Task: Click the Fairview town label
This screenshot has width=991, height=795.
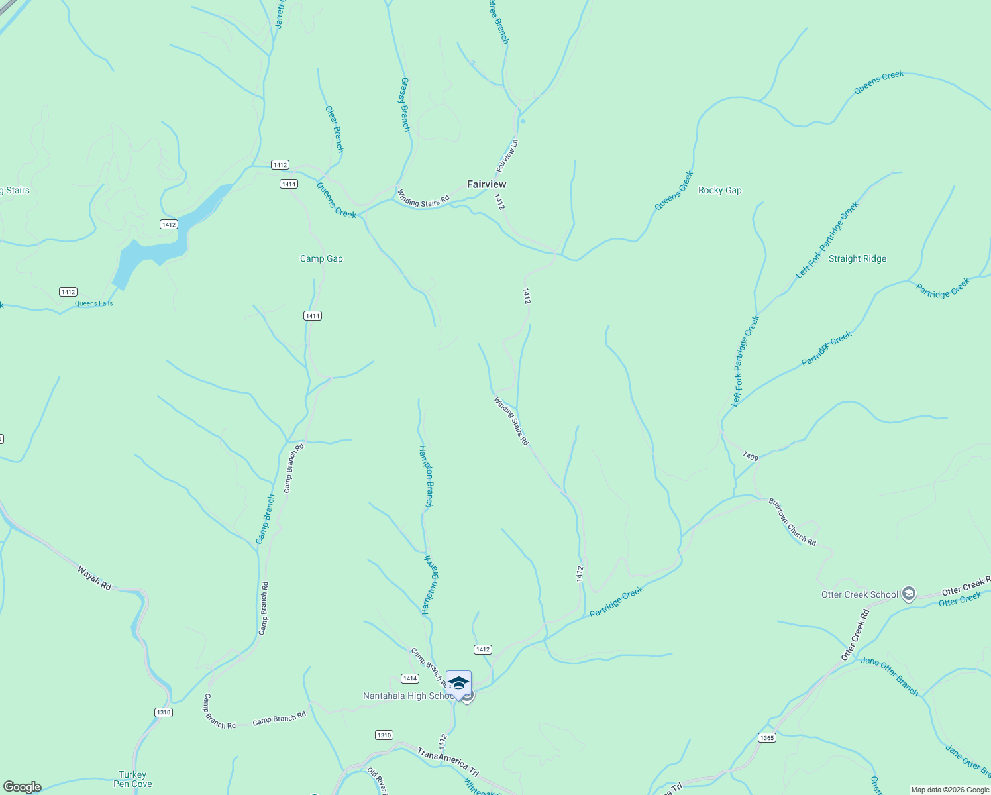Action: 486,184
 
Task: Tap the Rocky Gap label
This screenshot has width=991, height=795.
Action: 719,190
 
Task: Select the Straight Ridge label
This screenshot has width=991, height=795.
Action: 857,259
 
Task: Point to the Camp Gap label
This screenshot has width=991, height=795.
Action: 321,259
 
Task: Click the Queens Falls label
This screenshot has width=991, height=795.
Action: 93,303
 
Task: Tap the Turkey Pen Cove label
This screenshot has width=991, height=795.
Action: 132,779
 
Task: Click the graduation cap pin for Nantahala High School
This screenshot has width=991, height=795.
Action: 458,683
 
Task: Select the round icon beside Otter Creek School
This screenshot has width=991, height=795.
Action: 909,594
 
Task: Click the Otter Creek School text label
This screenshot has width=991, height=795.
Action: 859,594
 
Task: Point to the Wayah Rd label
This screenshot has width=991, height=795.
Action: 94,578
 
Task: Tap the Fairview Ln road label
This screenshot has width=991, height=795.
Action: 507,156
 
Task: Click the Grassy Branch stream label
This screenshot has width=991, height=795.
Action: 405,105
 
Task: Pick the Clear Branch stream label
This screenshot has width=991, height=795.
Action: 334,129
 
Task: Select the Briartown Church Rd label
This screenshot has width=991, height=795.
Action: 792,522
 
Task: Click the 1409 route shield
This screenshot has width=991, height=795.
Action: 750,456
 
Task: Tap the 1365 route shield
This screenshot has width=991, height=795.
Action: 767,738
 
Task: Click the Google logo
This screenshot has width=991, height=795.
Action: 23,787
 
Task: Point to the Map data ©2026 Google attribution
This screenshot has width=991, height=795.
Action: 950,790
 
